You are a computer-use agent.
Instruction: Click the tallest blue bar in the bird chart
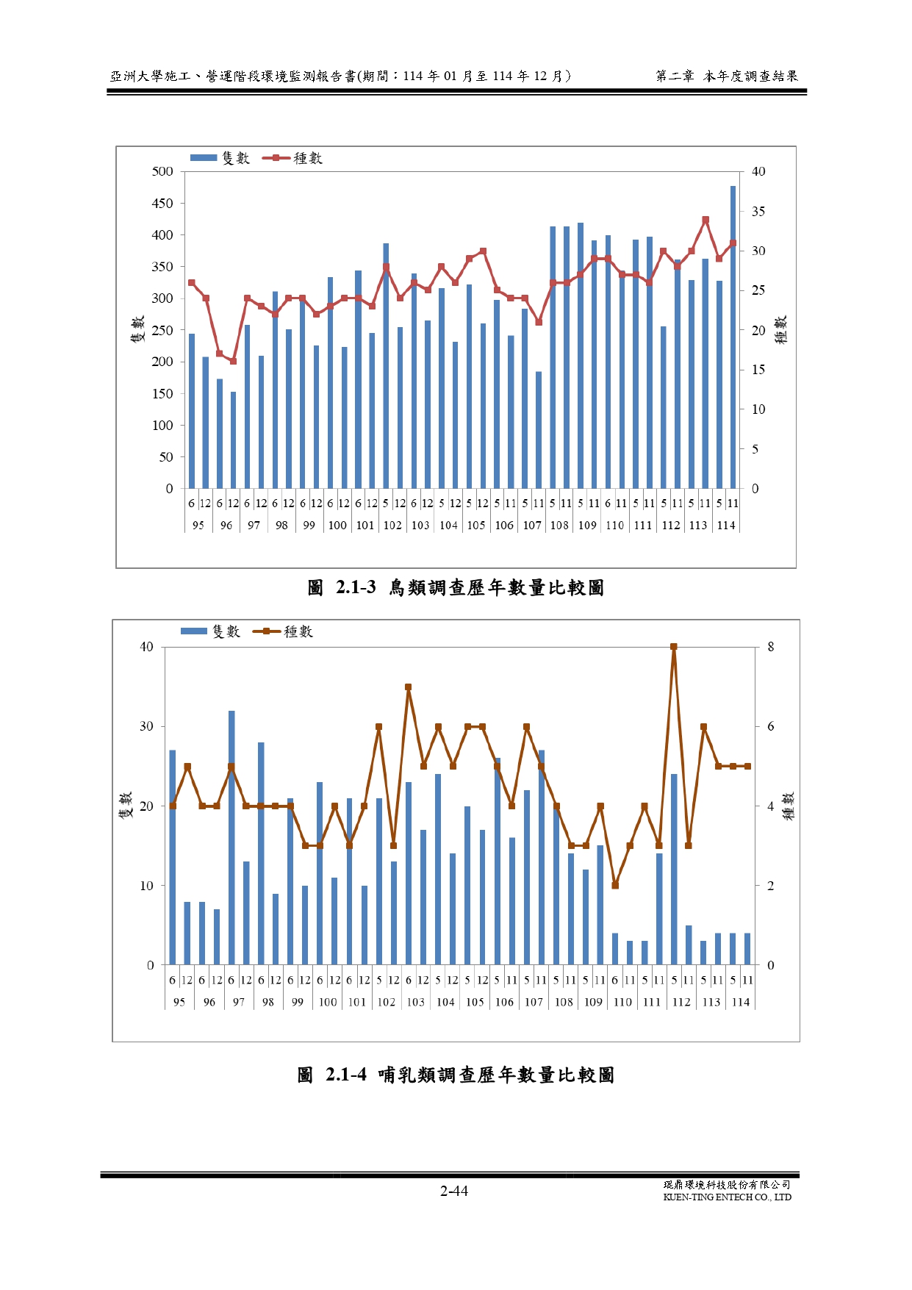733,337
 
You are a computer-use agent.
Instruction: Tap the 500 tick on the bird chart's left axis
162,171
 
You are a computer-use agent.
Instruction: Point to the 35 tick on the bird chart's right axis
758,212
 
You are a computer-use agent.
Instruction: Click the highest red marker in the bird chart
705,220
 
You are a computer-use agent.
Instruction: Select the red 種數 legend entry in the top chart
297,158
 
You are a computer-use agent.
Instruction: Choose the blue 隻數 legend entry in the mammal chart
211,631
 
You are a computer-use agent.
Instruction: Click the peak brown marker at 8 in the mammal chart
673,647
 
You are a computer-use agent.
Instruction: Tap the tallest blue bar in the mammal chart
231,838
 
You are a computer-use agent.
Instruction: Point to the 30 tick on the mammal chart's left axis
147,726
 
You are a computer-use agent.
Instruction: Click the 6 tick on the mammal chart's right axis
771,726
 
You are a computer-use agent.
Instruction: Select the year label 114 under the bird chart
726,526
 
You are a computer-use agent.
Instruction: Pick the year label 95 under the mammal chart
179,1002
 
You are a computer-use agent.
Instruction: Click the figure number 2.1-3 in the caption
356,587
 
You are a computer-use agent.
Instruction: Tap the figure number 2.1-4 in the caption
345,1075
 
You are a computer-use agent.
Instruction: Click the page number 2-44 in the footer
454,1191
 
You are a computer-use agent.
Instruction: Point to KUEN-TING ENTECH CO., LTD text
727,1197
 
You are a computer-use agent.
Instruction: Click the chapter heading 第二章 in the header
675,76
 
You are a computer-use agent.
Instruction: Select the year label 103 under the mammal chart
416,1002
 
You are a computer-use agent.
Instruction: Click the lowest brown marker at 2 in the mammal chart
615,886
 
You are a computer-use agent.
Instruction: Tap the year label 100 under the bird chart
337,526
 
